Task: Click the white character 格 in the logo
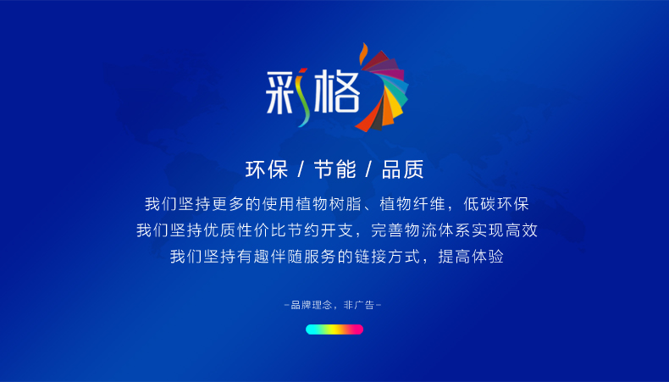click(x=337, y=91)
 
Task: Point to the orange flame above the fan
click(x=363, y=53)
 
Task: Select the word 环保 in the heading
click(x=267, y=169)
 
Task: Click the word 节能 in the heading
click(x=335, y=169)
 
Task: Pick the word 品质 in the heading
click(x=403, y=169)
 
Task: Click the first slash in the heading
click(x=301, y=169)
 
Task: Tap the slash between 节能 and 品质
click(x=369, y=169)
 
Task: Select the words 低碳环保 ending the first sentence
click(x=496, y=204)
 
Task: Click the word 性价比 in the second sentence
click(x=262, y=230)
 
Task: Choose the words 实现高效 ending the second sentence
click(x=505, y=230)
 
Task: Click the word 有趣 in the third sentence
click(x=253, y=257)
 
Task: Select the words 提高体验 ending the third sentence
click(x=471, y=257)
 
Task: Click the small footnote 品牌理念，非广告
click(x=333, y=305)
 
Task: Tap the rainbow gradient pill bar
click(x=334, y=329)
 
